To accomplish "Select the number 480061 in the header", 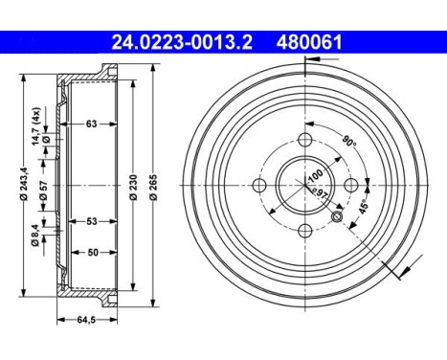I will pos(308,42).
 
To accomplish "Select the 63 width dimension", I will pos(92,123).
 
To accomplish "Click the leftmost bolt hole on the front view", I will pos(261,185).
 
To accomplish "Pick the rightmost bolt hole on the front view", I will pos(350,185).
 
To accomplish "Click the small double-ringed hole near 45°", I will pos(337,217).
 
